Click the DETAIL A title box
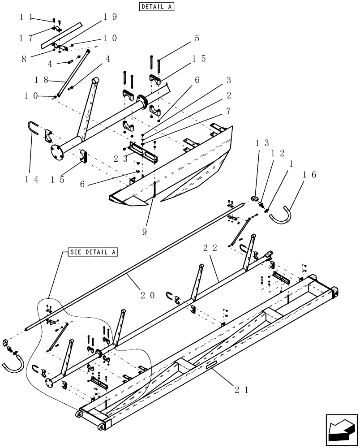pyautogui.click(x=156, y=7)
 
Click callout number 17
pyautogui.click(x=26, y=38)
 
